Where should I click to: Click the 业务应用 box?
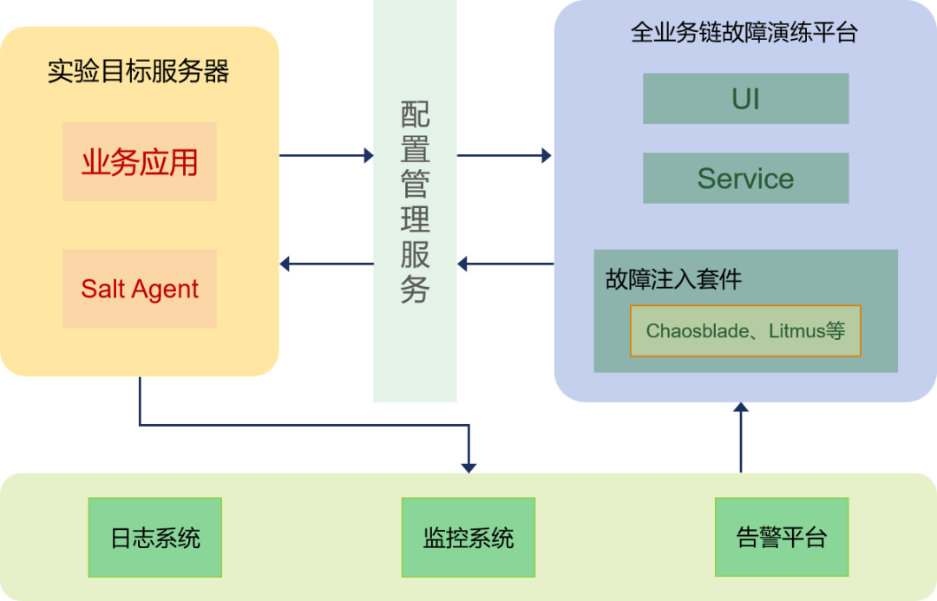139,162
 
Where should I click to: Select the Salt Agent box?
139,289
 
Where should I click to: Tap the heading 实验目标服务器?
138,71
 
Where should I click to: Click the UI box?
745,99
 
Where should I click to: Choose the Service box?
745,179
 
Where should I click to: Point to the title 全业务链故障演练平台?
744,33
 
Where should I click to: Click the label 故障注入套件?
673,279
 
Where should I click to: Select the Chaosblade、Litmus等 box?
745,330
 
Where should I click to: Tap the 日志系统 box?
155,538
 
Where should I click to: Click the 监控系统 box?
468,538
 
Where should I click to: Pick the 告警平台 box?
781,537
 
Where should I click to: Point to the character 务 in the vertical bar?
415,289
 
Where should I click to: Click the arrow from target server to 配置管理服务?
326,156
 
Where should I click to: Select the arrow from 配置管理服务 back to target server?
326,264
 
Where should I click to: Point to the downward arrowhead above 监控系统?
468,467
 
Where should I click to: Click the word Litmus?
796,330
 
